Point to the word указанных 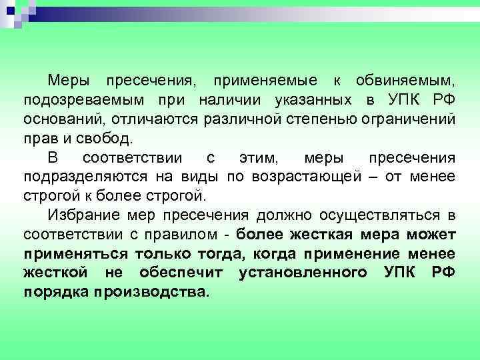click(313, 101)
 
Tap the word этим click(257, 159)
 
